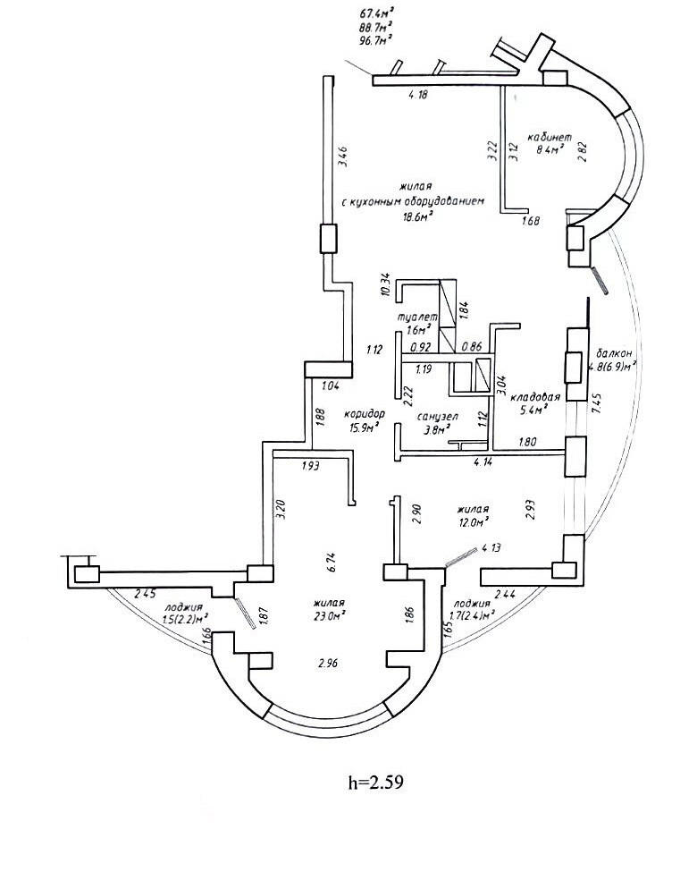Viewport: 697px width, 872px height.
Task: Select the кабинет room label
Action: (x=547, y=136)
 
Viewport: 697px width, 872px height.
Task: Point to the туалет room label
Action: (x=416, y=317)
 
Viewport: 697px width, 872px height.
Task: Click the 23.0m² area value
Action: (x=330, y=616)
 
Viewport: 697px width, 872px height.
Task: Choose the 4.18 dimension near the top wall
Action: (x=418, y=95)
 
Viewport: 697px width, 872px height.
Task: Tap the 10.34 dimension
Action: (x=385, y=284)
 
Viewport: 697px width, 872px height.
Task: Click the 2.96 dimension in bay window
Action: (x=328, y=664)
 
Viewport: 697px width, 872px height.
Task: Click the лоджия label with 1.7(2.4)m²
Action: (x=472, y=604)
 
